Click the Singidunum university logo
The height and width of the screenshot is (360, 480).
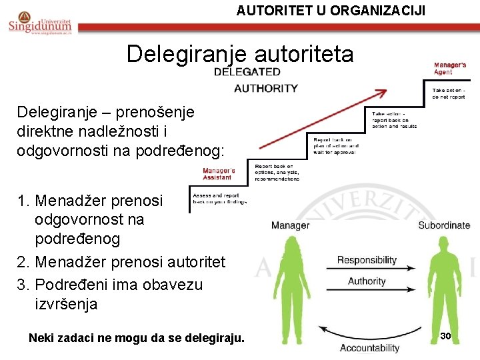pyautogui.click(x=39, y=22)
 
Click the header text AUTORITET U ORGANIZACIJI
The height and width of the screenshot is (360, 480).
pyautogui.click(x=331, y=10)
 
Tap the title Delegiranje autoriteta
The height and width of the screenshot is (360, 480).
pyautogui.click(x=240, y=53)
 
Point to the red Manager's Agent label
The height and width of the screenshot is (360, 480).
pyautogui.click(x=450, y=69)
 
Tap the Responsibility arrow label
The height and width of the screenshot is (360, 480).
pyautogui.click(x=367, y=260)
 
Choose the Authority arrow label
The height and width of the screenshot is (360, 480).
pyautogui.click(x=367, y=281)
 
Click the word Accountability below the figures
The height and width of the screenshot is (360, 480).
pyautogui.click(x=369, y=348)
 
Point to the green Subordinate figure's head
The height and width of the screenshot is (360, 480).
pyautogui.click(x=445, y=247)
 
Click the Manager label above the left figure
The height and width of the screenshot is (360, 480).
pyautogui.click(x=290, y=225)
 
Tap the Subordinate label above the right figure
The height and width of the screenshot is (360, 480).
pyautogui.click(x=444, y=225)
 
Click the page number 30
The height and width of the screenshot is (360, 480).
pyautogui.click(x=446, y=336)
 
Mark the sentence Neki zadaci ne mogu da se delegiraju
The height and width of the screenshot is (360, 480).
pyautogui.click(x=137, y=339)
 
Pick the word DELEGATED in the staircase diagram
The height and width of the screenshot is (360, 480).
pyautogui.click(x=247, y=71)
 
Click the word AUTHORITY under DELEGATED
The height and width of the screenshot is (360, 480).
pyautogui.click(x=266, y=88)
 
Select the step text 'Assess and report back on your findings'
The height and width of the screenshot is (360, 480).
pyautogui.click(x=219, y=199)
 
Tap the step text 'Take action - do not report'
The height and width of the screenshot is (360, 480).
pyautogui.click(x=449, y=93)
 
